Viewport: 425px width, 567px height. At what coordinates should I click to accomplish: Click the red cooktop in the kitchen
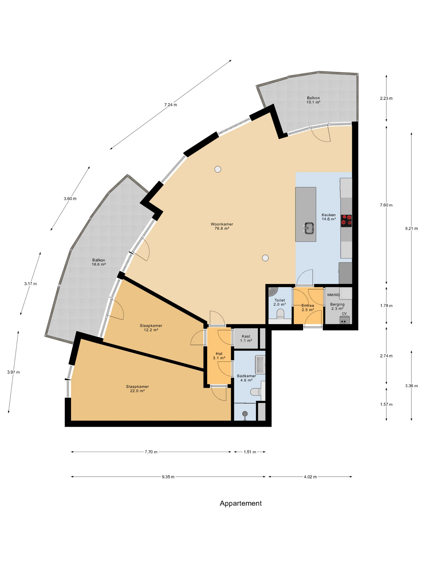346,221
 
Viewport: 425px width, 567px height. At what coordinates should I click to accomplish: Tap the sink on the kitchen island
309,228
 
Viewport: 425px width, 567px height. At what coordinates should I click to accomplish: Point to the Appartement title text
241,503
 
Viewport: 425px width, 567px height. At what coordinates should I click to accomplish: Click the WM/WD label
333,295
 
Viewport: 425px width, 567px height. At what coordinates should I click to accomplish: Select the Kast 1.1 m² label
246,338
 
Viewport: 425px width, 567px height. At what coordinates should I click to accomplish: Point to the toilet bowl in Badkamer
256,392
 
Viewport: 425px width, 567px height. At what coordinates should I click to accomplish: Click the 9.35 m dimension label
168,477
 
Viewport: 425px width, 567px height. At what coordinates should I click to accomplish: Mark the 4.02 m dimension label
310,477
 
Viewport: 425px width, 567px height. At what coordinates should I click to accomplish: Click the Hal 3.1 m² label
219,356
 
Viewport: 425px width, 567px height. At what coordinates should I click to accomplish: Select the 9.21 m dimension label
411,228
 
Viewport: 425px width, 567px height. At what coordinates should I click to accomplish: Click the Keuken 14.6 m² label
329,217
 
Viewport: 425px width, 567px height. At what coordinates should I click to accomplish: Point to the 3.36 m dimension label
411,386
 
